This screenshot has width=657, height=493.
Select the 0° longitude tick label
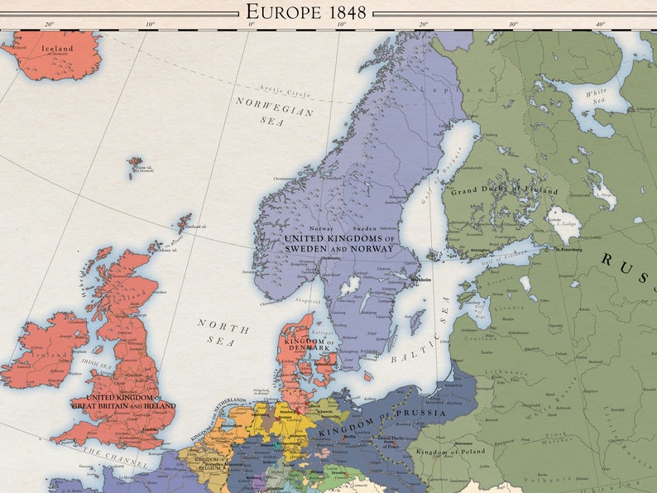pos(252,24)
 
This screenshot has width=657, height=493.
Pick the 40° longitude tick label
pos(600,24)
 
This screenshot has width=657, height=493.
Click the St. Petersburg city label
pos(569,248)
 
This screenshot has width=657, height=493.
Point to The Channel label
pos(115,457)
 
